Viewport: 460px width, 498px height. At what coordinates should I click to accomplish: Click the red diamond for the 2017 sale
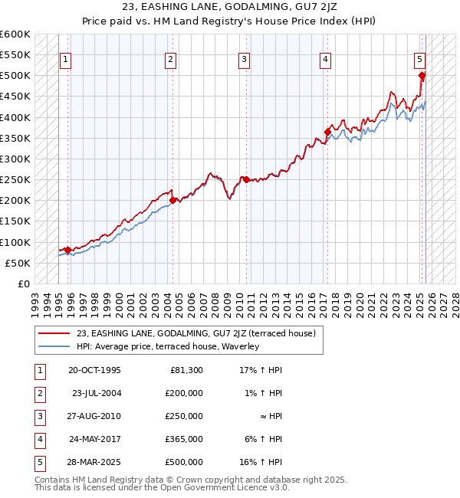click(x=327, y=132)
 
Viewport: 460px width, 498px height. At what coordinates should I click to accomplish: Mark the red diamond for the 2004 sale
click(x=172, y=200)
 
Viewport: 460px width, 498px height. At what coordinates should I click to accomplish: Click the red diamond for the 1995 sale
click(x=67, y=250)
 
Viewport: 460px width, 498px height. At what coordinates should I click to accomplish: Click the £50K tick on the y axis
click(x=18, y=263)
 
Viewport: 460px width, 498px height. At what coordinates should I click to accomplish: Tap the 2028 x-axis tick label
click(x=453, y=299)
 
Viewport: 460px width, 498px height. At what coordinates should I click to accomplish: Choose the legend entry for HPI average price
click(x=168, y=346)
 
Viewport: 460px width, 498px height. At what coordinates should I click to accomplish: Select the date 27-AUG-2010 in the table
click(x=94, y=416)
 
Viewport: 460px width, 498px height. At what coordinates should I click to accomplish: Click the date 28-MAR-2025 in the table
click(x=94, y=462)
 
